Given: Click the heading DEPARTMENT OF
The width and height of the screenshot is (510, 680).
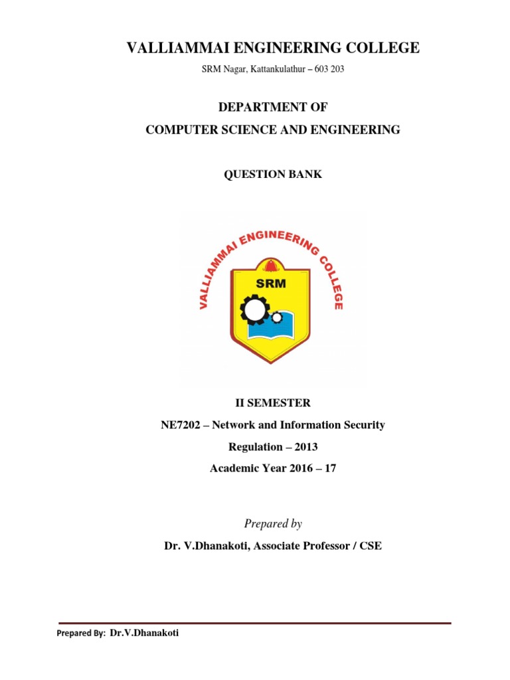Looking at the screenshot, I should pyautogui.click(x=273, y=108).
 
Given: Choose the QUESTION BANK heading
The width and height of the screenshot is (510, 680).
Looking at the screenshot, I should pyautogui.click(x=273, y=174).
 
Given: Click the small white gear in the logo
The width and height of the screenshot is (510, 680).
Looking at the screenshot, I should pyautogui.click(x=277, y=318).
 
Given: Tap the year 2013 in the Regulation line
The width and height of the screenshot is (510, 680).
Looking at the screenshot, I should pyautogui.click(x=305, y=447).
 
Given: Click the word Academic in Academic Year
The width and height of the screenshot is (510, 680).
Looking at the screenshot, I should pyautogui.click(x=232, y=469).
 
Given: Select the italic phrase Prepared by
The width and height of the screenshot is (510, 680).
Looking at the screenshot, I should pyautogui.click(x=273, y=524).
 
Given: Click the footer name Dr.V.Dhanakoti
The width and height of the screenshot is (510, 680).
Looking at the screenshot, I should pyautogui.click(x=143, y=634).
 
